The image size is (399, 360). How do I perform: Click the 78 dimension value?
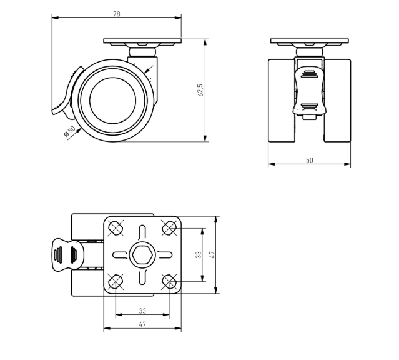[x=117, y=14]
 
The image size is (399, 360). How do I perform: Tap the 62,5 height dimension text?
[x=200, y=90]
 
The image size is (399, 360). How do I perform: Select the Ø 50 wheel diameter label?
[x=70, y=131]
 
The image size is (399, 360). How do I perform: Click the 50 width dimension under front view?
[x=310, y=160]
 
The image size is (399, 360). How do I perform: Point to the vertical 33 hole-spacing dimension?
[x=199, y=255]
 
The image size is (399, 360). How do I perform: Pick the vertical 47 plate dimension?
[x=212, y=255]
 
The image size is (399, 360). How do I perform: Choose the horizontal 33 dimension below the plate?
[x=142, y=311]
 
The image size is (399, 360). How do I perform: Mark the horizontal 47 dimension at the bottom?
[x=142, y=324]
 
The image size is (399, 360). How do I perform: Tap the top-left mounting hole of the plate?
[x=116, y=227]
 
